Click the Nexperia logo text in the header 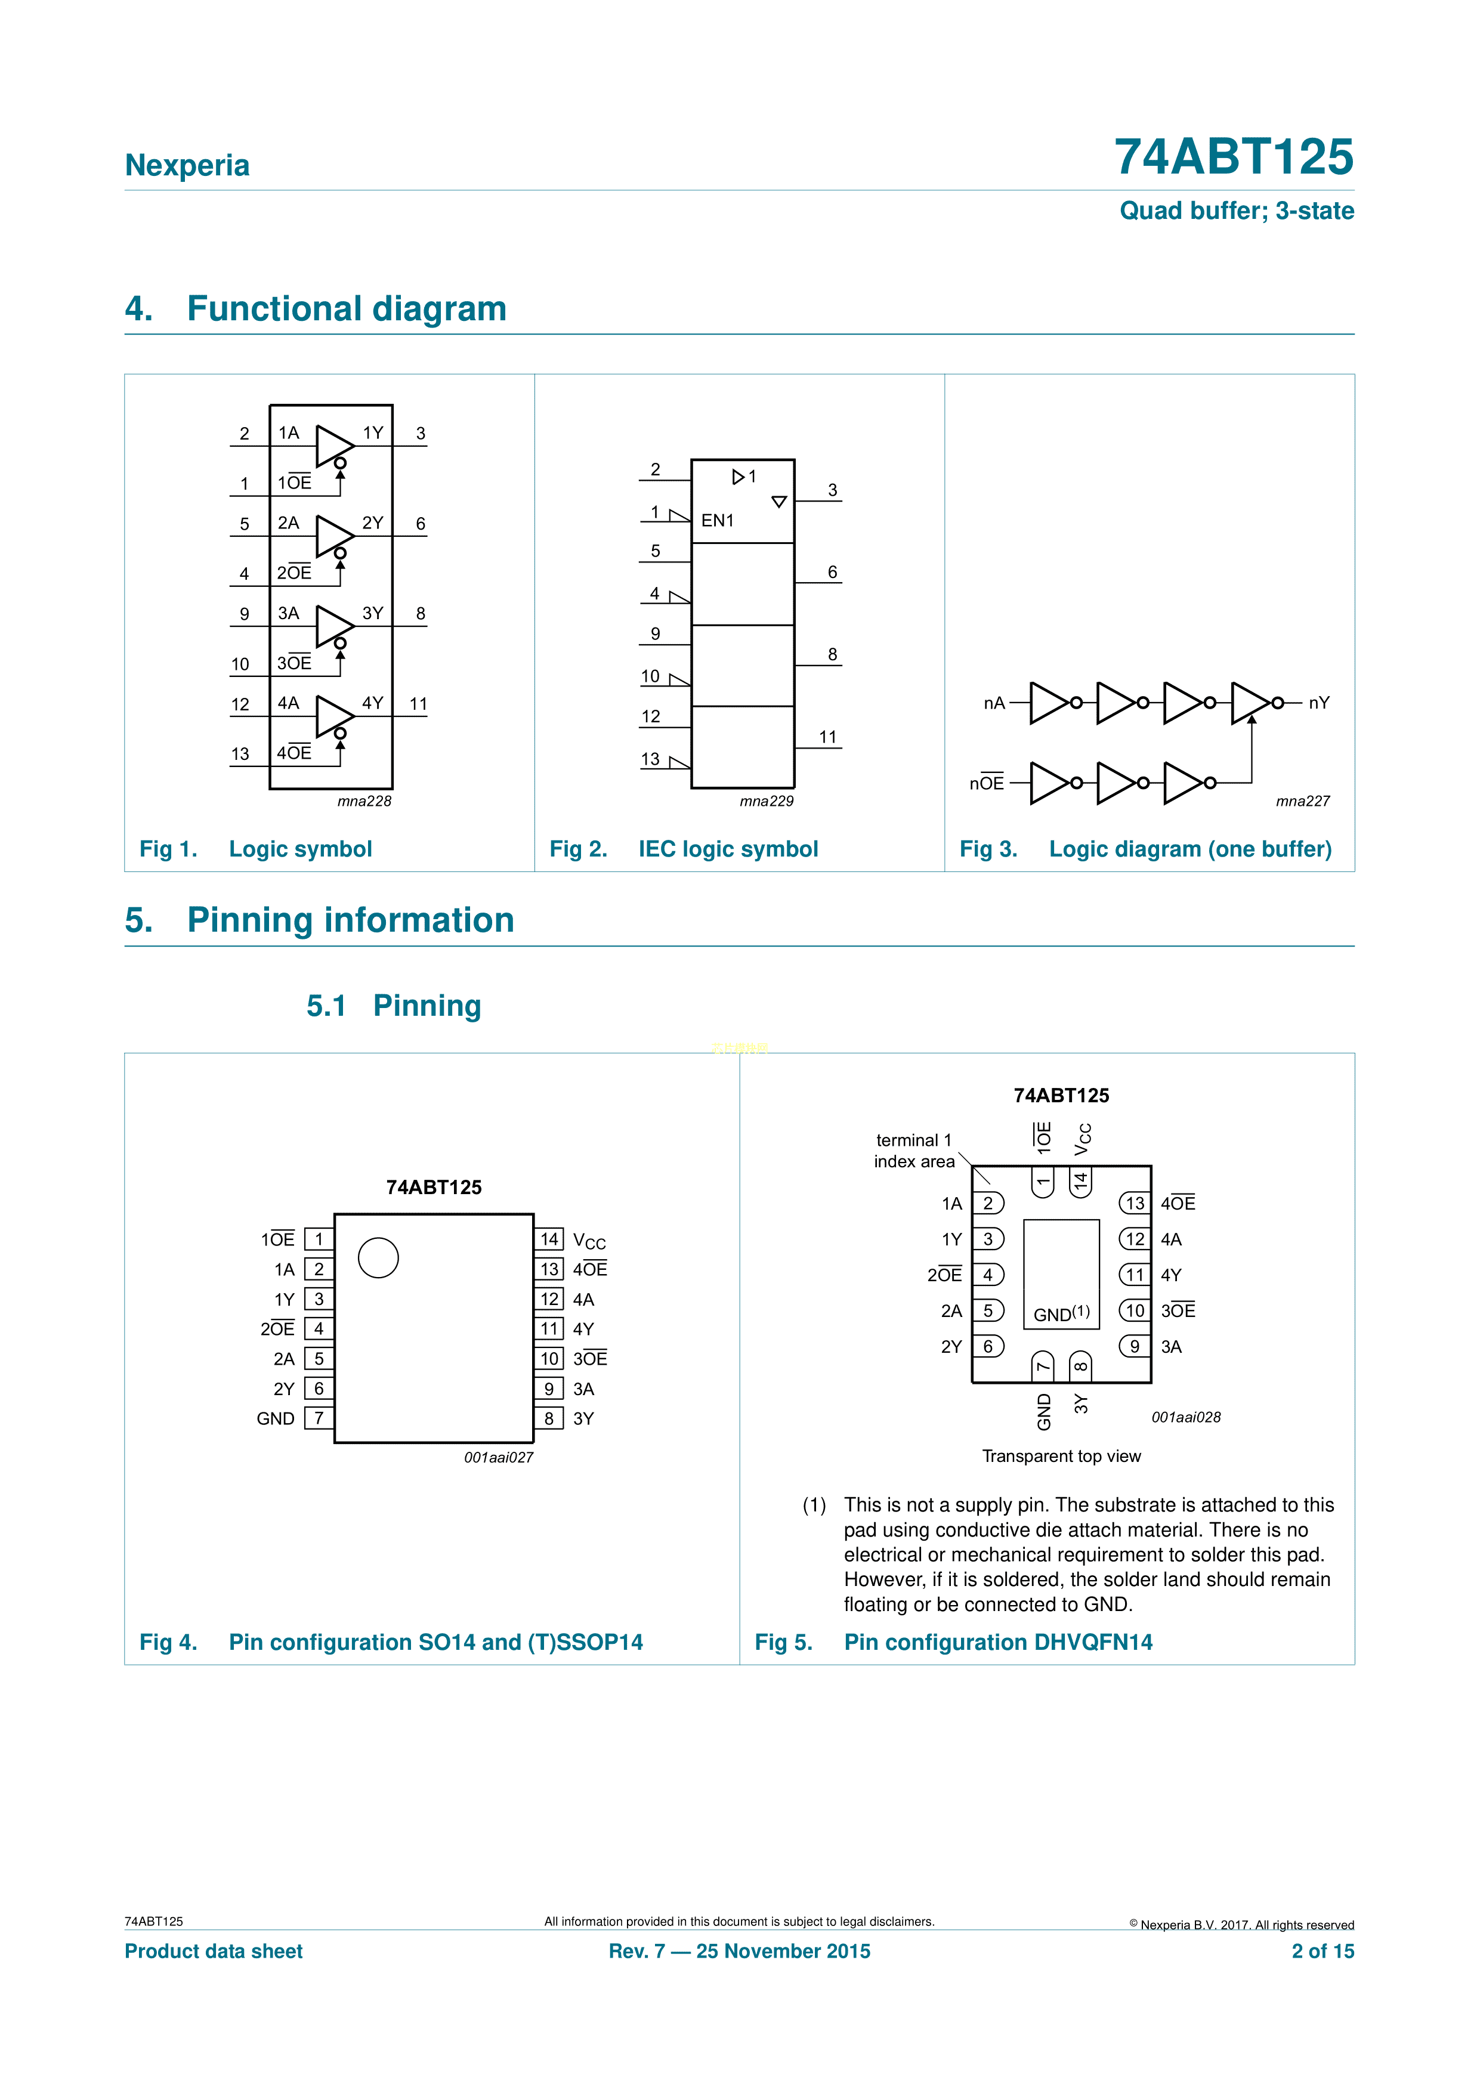pyautogui.click(x=187, y=166)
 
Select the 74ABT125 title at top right pyautogui.click(x=1233, y=157)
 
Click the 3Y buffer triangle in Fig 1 pyautogui.click(x=333, y=625)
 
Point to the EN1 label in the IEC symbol pyautogui.click(x=717, y=521)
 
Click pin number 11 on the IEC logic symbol pyautogui.click(x=827, y=737)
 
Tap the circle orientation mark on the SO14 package pyautogui.click(x=378, y=1258)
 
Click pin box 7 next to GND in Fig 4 pyautogui.click(x=319, y=1418)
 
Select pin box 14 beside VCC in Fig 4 pyautogui.click(x=549, y=1239)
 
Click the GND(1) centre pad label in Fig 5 pyautogui.click(x=1061, y=1313)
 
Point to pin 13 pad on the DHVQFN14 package pyautogui.click(x=1135, y=1203)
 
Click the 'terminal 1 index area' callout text pyautogui.click(x=914, y=1151)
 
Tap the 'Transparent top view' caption pyautogui.click(x=1061, y=1456)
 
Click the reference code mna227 pyautogui.click(x=1302, y=801)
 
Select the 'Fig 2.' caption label pyautogui.click(x=578, y=849)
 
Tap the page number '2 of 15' pyautogui.click(x=1323, y=1951)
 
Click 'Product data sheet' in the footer pyautogui.click(x=214, y=1951)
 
